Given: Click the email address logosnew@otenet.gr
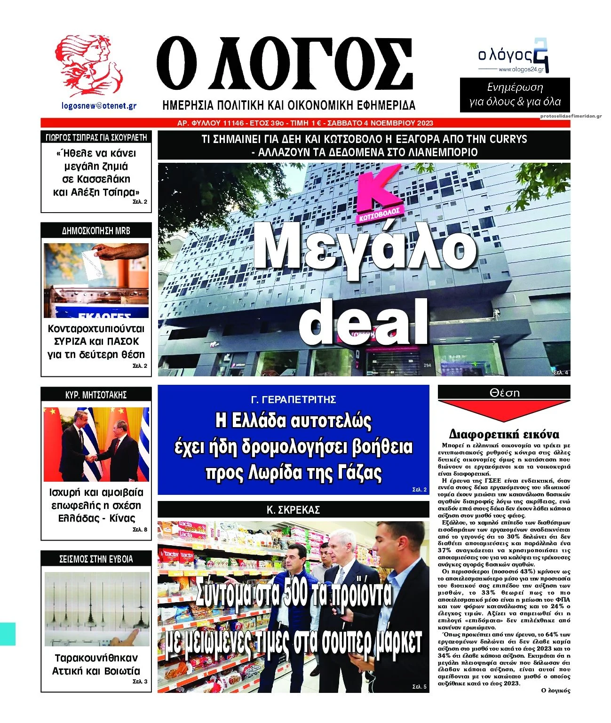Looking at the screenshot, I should (99, 106).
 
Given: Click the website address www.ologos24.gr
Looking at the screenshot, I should (521, 70).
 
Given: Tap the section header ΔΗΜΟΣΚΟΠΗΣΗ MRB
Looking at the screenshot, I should (96, 230).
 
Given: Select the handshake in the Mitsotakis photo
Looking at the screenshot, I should (92, 458).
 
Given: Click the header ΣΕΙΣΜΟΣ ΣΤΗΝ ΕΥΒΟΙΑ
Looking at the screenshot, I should (96, 559).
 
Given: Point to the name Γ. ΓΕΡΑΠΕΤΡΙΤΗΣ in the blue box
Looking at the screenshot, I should (294, 400).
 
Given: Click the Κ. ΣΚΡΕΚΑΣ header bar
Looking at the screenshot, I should (294, 509).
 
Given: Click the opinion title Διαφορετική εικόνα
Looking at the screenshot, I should (504, 434).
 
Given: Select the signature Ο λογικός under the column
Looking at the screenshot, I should (555, 691).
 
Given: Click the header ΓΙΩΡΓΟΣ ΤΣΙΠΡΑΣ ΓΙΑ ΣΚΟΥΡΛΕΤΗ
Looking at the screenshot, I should (96, 137).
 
